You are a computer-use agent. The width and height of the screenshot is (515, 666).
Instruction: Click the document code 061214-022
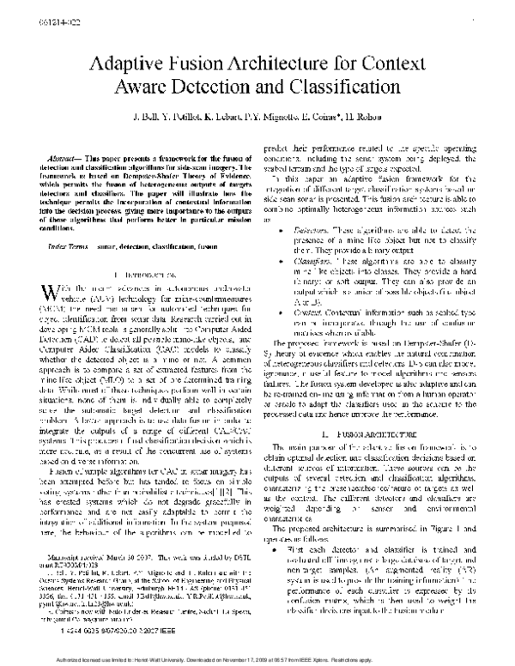22,9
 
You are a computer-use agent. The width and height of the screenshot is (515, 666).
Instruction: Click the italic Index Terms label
64,222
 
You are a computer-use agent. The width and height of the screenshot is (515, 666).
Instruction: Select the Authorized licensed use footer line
257,659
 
